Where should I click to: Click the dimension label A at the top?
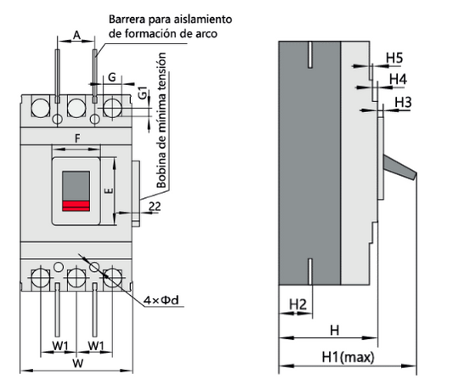point(76,36)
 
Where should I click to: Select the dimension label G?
point(112,77)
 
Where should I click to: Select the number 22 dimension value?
point(155,207)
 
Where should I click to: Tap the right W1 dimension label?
point(96,346)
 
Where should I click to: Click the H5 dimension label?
point(394,58)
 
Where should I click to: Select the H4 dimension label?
point(398,79)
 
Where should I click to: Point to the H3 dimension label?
point(404,102)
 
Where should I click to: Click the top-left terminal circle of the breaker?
point(39,107)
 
